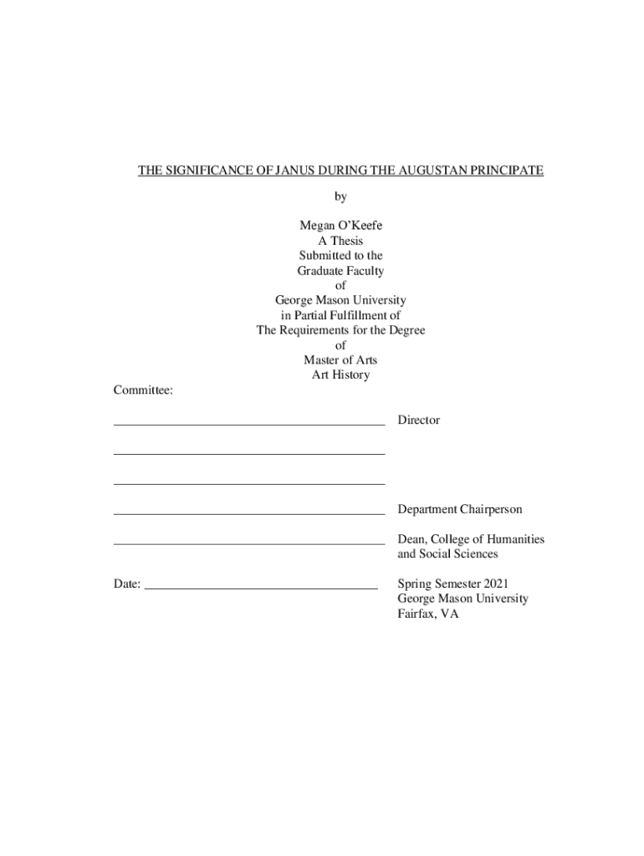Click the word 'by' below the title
pos(340,197)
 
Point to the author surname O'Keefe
pos(358,226)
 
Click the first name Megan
pos(315,226)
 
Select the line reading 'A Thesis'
pos(340,241)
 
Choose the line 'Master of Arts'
pos(340,360)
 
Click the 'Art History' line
pos(340,375)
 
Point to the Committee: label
pos(143,390)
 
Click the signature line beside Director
pos(249,424)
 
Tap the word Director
pos(418,420)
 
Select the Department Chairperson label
pos(460,509)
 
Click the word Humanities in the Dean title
pos(511,539)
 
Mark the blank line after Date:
pos(261,588)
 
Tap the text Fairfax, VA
pos(428,614)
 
